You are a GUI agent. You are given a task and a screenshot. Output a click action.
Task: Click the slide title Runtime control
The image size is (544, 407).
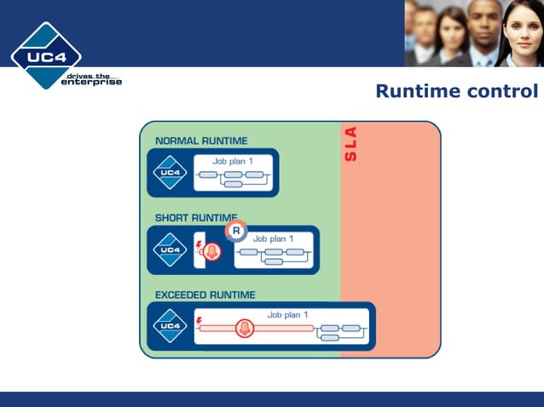point(456,91)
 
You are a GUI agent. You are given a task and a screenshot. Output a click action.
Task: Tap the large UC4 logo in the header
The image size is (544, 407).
point(46,55)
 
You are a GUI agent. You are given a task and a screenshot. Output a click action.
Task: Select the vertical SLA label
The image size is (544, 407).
point(350,144)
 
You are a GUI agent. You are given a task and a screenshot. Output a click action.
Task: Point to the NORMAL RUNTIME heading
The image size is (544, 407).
point(201,140)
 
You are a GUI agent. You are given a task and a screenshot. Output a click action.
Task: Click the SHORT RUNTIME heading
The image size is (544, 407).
point(196,218)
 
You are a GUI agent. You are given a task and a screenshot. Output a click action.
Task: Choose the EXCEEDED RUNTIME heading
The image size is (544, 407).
point(205,295)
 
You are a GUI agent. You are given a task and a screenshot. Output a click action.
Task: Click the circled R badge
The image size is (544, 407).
point(236,231)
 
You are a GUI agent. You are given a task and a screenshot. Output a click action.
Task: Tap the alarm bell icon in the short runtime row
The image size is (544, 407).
point(212,251)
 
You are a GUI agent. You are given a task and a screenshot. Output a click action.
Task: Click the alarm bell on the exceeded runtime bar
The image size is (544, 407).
point(245,328)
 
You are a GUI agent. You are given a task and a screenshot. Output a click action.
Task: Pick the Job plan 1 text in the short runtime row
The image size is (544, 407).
point(273,238)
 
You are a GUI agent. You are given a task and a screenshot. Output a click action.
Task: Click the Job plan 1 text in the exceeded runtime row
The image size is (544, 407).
point(287,314)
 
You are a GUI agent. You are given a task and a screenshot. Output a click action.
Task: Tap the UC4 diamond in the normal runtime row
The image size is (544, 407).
point(170,173)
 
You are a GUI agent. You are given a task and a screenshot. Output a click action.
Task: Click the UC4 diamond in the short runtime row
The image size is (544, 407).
point(170,249)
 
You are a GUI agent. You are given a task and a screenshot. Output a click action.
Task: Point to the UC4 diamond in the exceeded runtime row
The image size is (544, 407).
point(170,326)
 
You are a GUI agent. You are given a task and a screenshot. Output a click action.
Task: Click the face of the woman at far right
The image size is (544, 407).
point(519,26)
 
